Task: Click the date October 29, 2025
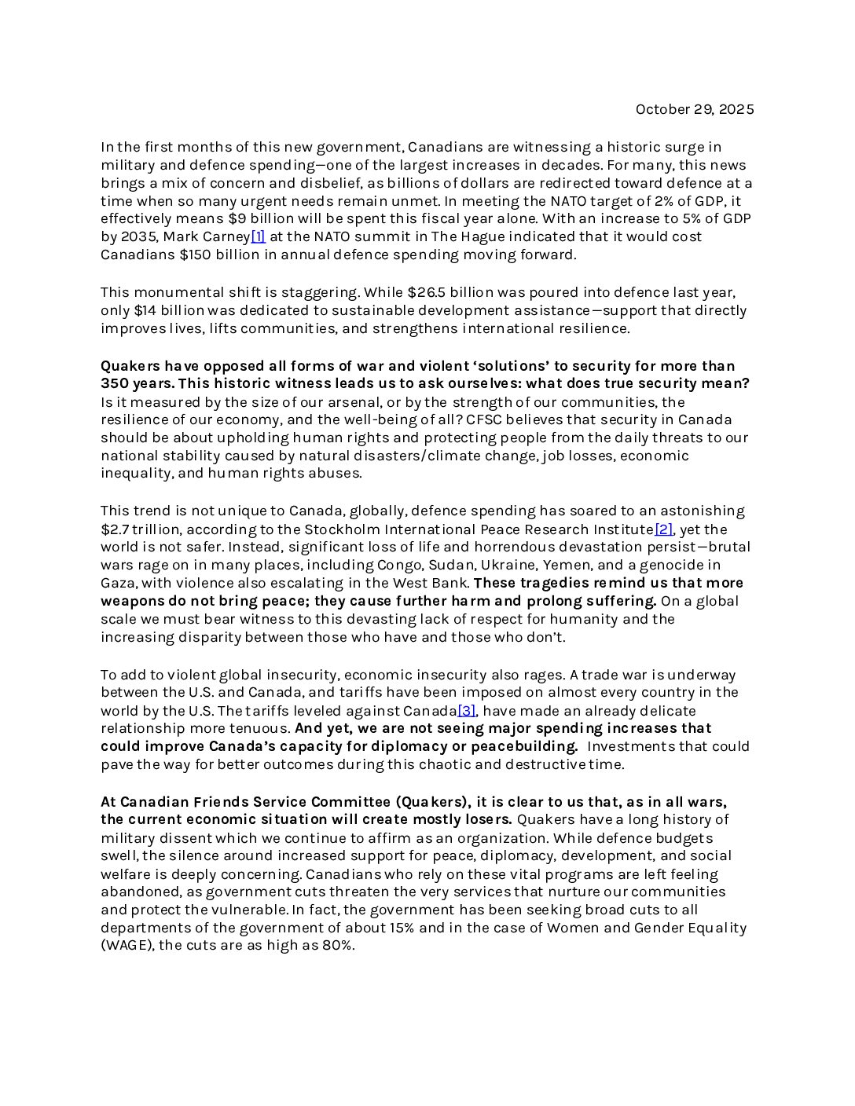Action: tap(694, 109)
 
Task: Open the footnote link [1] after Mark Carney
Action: tap(258, 236)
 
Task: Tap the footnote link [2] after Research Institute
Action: tap(664, 529)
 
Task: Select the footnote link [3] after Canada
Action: tap(467, 711)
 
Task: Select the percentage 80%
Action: tap(339, 946)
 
